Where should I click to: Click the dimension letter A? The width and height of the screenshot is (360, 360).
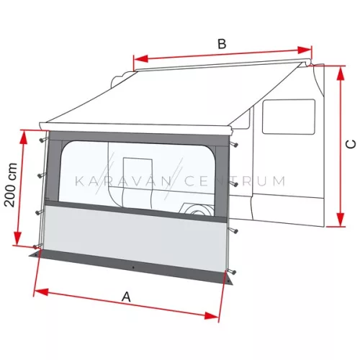coord(127,296)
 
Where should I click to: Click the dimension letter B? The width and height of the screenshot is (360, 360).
coord(222,44)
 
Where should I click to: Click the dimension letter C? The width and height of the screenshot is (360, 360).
coord(351,144)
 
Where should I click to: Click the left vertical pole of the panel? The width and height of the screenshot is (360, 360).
coord(44,194)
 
